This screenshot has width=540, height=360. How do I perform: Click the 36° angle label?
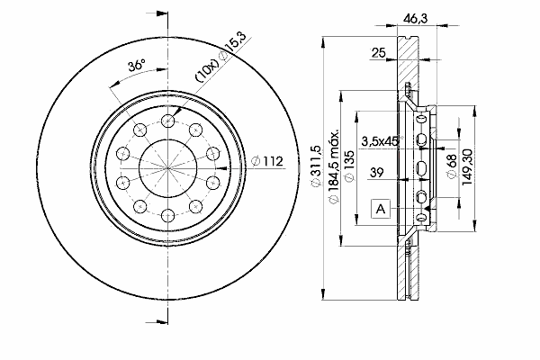(x=137, y=65)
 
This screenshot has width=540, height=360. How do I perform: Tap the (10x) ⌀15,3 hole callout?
(x=220, y=57)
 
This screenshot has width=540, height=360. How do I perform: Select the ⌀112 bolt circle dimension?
(x=267, y=161)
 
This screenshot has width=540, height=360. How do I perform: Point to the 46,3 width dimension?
(x=415, y=18)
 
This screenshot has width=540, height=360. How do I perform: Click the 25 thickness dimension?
(x=378, y=53)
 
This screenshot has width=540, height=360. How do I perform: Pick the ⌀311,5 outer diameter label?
(x=316, y=166)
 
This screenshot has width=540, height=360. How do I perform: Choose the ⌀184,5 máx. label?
(x=334, y=166)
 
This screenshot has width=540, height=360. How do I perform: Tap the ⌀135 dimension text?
(x=349, y=166)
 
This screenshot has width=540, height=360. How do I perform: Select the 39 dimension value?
(x=376, y=172)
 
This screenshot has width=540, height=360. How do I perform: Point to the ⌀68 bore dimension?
(x=452, y=166)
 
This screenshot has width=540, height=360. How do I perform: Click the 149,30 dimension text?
(x=466, y=167)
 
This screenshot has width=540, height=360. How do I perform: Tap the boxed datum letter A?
(x=380, y=209)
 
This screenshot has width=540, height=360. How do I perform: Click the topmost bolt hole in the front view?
(x=167, y=121)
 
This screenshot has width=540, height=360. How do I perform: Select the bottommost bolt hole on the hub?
(x=167, y=216)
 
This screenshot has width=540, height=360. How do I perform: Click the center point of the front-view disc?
(x=167, y=168)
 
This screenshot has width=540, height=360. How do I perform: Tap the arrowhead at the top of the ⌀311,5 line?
(x=323, y=43)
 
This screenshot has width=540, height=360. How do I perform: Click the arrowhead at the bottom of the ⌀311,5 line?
(x=323, y=293)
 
